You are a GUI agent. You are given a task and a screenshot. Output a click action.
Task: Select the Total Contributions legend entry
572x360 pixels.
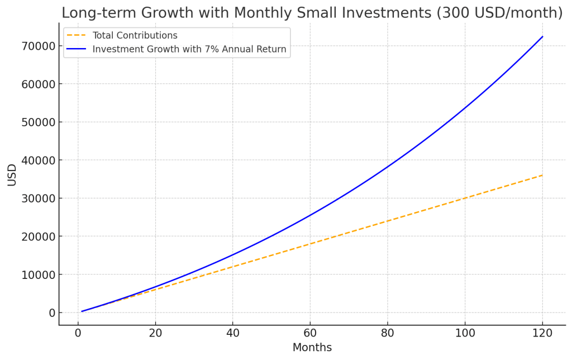point(135,36)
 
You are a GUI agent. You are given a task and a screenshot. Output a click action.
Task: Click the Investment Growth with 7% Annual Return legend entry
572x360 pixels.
point(189,49)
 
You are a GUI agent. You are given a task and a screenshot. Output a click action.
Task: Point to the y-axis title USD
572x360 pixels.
point(12,174)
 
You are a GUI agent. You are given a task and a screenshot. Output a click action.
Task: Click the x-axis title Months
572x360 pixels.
point(312,348)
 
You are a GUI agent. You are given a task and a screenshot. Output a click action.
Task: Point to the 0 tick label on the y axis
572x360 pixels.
point(51,312)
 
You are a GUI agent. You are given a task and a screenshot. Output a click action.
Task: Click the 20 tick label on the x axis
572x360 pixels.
point(155,333)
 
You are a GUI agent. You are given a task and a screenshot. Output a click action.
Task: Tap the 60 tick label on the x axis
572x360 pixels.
point(310,333)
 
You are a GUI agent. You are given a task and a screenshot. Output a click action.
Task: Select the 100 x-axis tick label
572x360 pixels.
point(465,333)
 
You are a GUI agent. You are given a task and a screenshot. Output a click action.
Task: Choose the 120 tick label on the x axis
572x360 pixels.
point(542,333)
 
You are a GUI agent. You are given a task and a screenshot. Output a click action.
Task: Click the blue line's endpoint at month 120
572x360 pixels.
point(542,37)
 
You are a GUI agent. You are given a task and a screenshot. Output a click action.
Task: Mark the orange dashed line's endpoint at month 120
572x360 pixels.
point(542,175)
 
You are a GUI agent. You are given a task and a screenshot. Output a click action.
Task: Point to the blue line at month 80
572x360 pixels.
point(388,167)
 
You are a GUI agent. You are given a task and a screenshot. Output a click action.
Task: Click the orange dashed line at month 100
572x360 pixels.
point(465,198)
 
